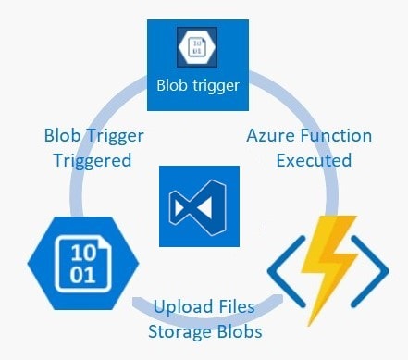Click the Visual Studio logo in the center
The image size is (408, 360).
point(200,205)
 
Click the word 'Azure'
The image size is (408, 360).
point(271,136)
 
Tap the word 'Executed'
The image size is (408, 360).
point(314,160)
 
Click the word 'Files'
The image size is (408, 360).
point(233,306)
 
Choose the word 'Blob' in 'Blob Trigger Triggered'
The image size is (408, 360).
point(63,136)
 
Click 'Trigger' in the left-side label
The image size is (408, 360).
point(115,136)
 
